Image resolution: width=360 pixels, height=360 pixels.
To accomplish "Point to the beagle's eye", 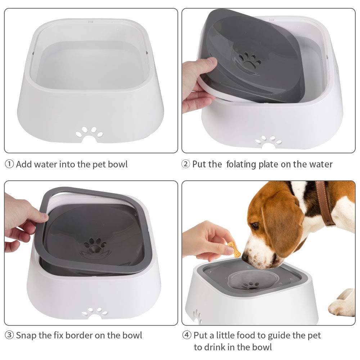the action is click(x=255, y=225).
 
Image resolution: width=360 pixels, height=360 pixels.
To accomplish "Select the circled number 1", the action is click(x=9, y=164).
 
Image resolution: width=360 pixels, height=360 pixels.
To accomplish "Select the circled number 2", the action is click(x=186, y=164).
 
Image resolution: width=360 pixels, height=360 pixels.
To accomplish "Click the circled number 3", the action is click(x=9, y=335).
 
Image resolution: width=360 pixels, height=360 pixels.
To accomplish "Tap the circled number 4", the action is click(x=186, y=335).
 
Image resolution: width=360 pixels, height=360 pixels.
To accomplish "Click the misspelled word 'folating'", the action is click(x=241, y=165).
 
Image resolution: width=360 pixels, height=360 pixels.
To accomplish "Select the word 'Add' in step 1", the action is click(x=24, y=164).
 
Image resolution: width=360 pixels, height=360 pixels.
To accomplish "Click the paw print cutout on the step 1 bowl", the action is click(x=89, y=134).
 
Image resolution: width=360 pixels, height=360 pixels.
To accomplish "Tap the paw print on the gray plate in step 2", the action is click(x=250, y=60).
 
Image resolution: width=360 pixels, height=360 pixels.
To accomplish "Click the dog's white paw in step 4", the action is click(x=342, y=303).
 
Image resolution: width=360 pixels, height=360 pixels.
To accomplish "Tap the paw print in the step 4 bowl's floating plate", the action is click(x=251, y=285).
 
